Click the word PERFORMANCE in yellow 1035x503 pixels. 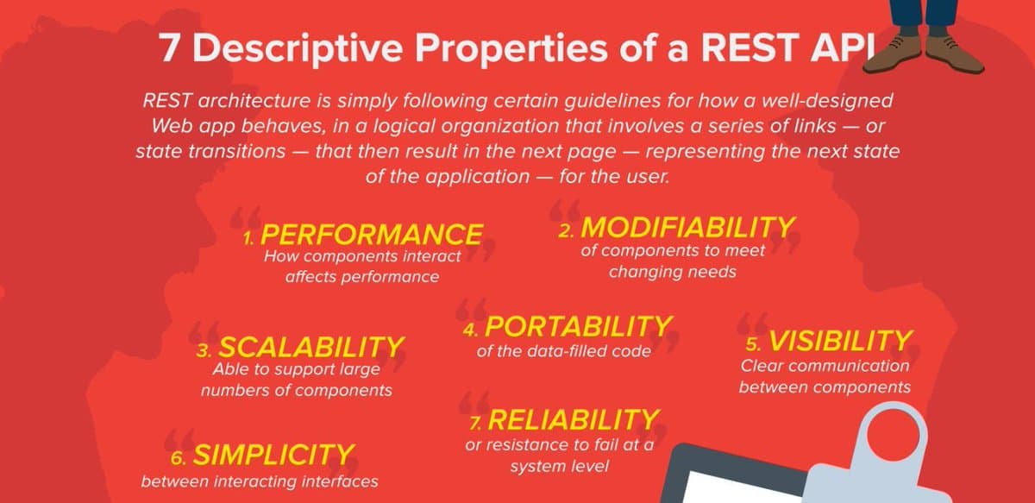coord(372,234)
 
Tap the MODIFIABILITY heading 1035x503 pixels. coord(687,228)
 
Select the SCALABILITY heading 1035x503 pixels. coord(311,347)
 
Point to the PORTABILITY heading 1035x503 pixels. coord(578,326)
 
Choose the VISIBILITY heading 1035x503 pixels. coord(840,341)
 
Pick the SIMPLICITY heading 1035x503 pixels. coord(273,455)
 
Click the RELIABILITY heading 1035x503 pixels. coord(574,420)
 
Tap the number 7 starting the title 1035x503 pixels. coord(169,48)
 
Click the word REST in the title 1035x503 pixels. coord(750,47)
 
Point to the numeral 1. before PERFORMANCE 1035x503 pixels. coord(248,238)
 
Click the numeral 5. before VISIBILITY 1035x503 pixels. coord(753,344)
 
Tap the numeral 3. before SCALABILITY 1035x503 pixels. coord(204,351)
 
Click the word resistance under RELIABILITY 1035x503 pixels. coord(526,445)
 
